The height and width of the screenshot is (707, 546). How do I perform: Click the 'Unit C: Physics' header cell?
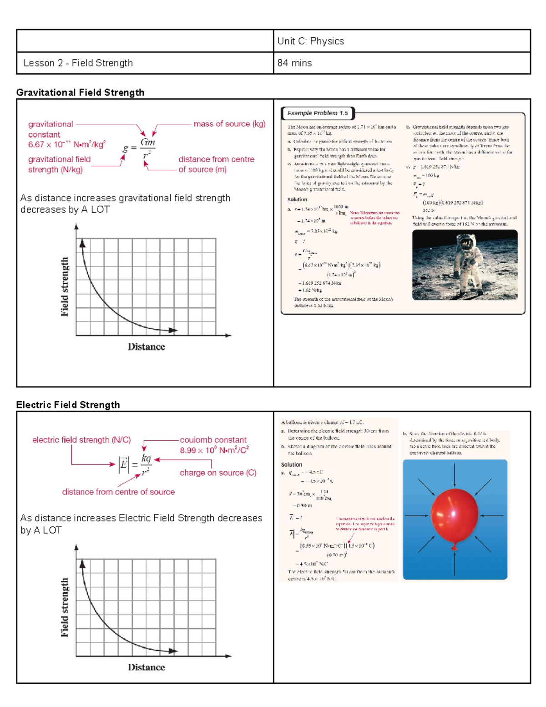[310, 41]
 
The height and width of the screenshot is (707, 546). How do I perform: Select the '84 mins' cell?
[294, 63]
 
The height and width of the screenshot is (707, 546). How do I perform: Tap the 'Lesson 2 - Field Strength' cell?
[78, 63]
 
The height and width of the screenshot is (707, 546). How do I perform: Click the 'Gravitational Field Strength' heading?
[80, 92]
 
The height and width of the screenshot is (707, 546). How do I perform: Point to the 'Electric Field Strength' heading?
[68, 405]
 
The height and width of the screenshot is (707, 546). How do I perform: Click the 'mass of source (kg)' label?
[229, 124]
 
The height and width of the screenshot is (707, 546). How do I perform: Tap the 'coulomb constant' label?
[213, 440]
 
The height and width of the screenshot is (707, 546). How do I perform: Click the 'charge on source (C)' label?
[218, 473]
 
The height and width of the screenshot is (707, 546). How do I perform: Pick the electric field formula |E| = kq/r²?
[135, 465]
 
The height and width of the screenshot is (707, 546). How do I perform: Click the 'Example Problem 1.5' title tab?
[318, 113]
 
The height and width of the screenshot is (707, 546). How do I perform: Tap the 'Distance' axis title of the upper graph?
[146, 347]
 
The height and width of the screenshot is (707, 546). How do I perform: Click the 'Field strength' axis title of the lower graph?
[65, 607]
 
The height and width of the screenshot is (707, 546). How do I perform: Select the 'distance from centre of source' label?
[118, 492]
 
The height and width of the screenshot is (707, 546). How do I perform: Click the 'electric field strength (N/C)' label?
[81, 440]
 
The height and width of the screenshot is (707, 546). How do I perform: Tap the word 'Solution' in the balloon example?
[292, 464]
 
